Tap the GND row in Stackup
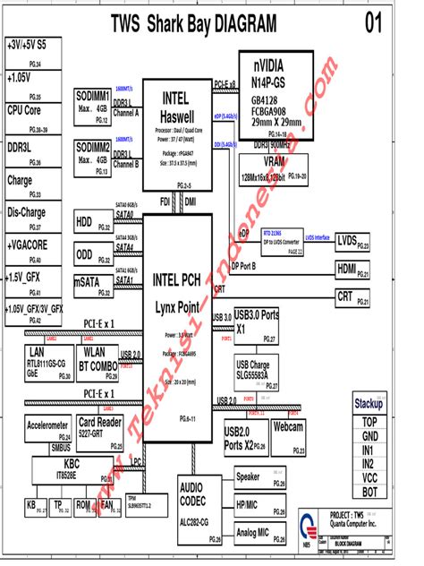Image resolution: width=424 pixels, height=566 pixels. tap(369, 436)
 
